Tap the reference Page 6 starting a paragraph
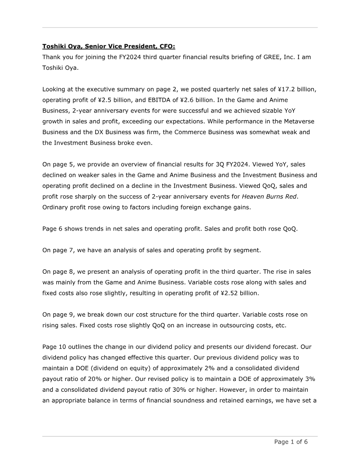tap(53, 229)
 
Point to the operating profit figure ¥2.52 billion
tap(243, 293)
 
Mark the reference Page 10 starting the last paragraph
tap(55, 347)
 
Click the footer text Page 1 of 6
tap(291, 442)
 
